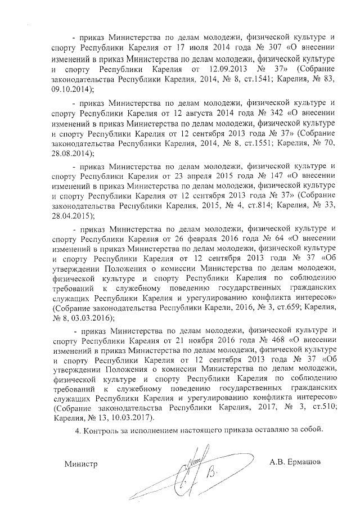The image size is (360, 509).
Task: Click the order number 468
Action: (267, 341)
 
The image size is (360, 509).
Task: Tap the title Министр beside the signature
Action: (81, 464)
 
